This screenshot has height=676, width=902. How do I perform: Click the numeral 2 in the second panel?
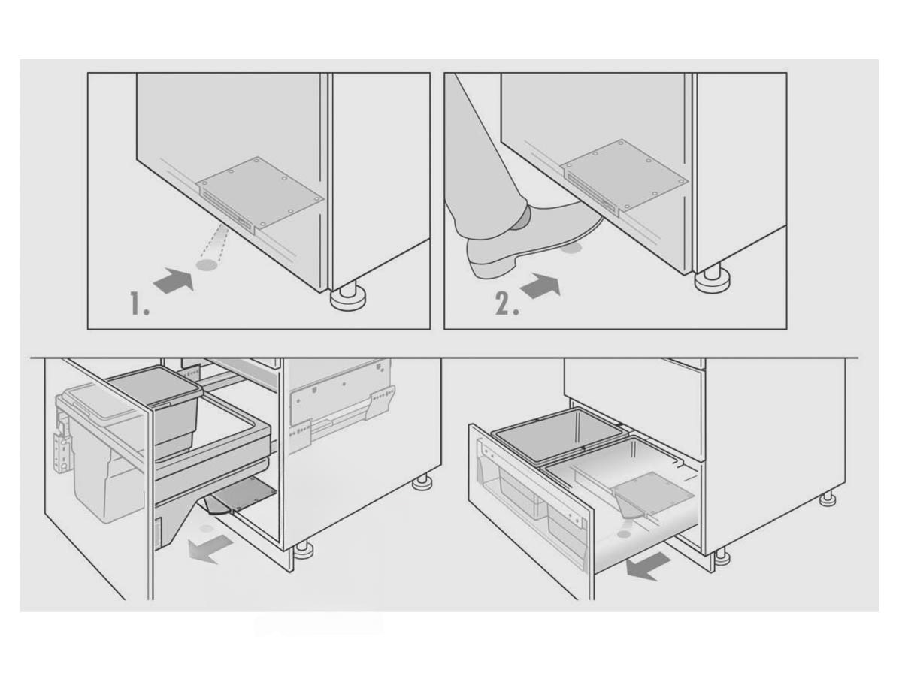click(507, 303)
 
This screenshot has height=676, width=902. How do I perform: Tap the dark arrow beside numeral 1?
click(173, 281)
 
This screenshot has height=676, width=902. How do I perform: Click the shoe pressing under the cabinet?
click(530, 242)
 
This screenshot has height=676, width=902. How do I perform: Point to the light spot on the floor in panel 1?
click(207, 265)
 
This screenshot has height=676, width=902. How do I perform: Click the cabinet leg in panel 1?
click(348, 297)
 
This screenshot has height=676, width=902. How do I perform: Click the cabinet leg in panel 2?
click(713, 280)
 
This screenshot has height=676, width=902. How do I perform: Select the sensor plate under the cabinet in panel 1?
click(259, 193)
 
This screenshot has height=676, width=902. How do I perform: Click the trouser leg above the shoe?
click(485, 152)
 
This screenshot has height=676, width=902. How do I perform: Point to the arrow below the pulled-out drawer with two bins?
click(647, 566)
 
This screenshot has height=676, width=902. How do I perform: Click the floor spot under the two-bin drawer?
click(624, 533)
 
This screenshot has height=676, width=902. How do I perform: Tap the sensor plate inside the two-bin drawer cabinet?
click(653, 493)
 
